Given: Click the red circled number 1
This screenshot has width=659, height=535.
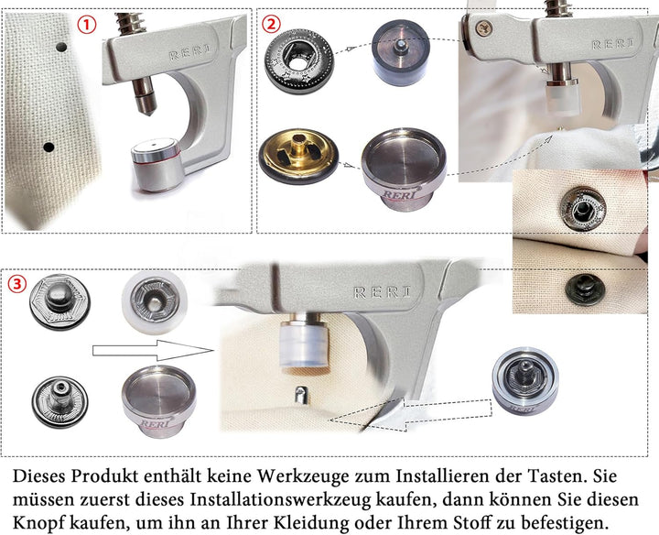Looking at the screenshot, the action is tap(87, 26).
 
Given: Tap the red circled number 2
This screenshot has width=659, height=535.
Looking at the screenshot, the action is tap(272, 24).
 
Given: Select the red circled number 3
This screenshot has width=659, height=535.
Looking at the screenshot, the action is tap(17, 284).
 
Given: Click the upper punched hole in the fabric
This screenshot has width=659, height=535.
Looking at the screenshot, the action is tap(61, 47).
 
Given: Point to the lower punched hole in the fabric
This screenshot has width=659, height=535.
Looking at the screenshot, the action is tap(49, 147).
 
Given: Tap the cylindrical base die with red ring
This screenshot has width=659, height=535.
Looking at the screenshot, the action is tap(157, 165).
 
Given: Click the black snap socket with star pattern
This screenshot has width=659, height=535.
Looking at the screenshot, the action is tap(298, 61).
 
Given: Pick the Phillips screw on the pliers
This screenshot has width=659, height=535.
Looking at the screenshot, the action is tap(484, 28).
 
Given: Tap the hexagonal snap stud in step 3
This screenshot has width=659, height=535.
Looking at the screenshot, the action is tap(59, 301).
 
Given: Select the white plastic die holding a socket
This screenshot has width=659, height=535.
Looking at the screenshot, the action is tap(155, 302).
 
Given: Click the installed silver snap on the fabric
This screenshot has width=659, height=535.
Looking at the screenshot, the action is tap(584, 209).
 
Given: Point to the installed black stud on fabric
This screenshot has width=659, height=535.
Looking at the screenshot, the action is tap(585, 289).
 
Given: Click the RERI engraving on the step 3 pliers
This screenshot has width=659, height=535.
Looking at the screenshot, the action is tap(382, 292).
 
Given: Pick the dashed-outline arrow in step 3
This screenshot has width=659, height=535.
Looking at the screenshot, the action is tap(411, 414).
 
